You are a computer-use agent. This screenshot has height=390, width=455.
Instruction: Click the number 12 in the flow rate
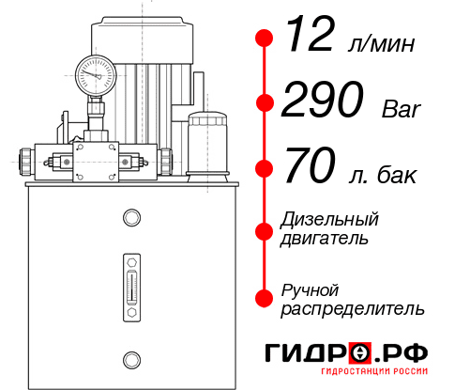pos(311,38)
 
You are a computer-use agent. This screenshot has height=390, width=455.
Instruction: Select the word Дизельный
pos(330,220)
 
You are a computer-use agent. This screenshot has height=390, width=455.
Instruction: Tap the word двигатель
pos(325,239)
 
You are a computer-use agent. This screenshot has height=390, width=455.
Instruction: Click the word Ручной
pos(311,289)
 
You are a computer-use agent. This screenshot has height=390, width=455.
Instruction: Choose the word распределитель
pos(353,308)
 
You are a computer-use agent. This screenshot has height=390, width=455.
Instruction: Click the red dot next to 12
pos(265,39)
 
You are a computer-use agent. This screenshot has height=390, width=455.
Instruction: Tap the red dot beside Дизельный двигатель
pos(265,229)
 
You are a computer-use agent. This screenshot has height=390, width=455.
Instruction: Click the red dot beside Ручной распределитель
pos(265,297)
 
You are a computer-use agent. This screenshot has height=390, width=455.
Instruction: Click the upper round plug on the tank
pos(130,219)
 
